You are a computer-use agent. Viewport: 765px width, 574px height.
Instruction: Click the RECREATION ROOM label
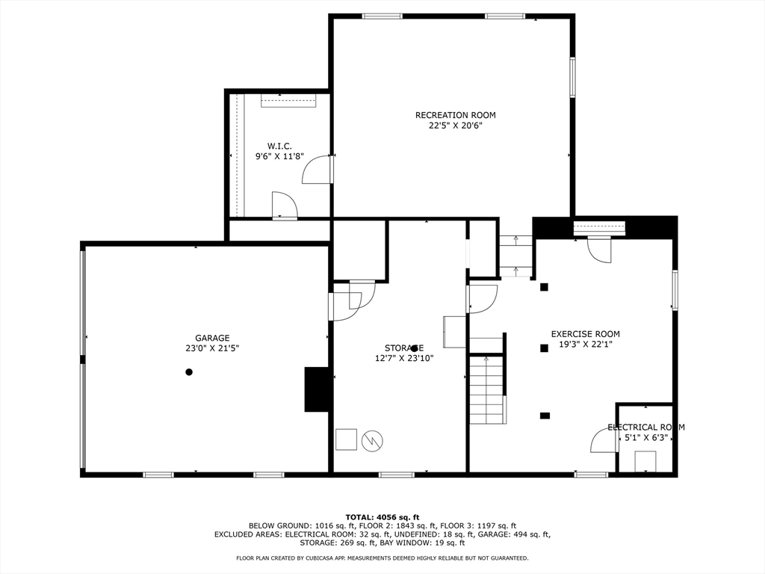coord(455,115)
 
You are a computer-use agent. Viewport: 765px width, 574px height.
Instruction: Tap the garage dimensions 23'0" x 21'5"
coord(212,348)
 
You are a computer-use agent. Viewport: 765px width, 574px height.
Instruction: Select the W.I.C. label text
coord(279,146)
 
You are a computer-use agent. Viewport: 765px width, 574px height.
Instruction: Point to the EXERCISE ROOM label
coord(585,334)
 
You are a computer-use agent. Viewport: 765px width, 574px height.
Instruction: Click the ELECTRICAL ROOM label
coord(645,428)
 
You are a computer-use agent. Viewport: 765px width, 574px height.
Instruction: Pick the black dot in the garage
coord(189,372)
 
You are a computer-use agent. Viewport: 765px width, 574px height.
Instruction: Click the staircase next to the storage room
coord(487,389)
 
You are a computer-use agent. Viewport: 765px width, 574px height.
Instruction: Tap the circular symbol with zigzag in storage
coord(371,440)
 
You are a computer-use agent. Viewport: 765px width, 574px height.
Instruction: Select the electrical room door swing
coord(604,441)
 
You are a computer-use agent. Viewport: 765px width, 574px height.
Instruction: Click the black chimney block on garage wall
coord(318,389)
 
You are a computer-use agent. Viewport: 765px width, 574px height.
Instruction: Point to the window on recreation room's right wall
coord(573,78)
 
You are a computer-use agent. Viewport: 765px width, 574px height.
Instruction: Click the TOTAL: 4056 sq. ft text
coord(382,517)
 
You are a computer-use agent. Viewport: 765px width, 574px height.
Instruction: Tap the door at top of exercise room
coord(599,249)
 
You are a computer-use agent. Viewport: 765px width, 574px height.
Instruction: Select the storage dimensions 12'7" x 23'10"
coord(404,358)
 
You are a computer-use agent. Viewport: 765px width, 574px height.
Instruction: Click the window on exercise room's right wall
coord(675,290)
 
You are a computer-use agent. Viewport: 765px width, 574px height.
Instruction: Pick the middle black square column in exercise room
coord(544,348)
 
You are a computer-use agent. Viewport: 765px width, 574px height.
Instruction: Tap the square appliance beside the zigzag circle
coord(346,439)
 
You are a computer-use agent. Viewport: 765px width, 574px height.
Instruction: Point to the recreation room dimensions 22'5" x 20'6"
coord(455,126)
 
